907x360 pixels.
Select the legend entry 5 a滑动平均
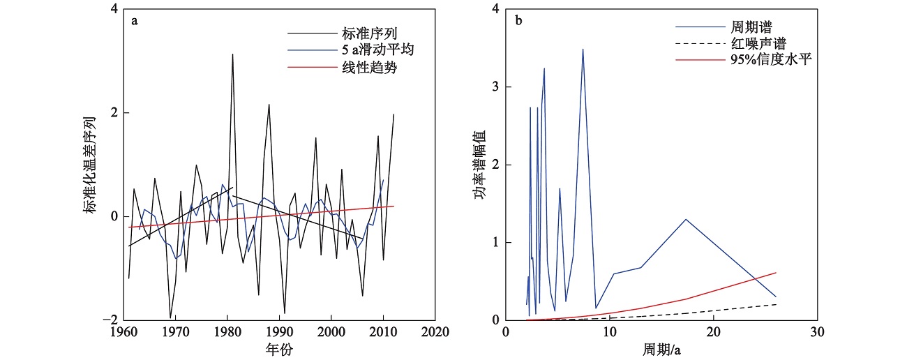[x=368, y=52]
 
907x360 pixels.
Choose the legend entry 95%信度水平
[x=771, y=61]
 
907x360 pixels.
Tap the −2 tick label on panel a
[x=107, y=320]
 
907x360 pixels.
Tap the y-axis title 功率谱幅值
[x=479, y=165]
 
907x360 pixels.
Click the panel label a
[x=135, y=20]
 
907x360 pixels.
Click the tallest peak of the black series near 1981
[x=232, y=54]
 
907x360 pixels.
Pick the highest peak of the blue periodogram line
[x=583, y=49]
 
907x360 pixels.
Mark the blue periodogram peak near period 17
[x=686, y=219]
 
